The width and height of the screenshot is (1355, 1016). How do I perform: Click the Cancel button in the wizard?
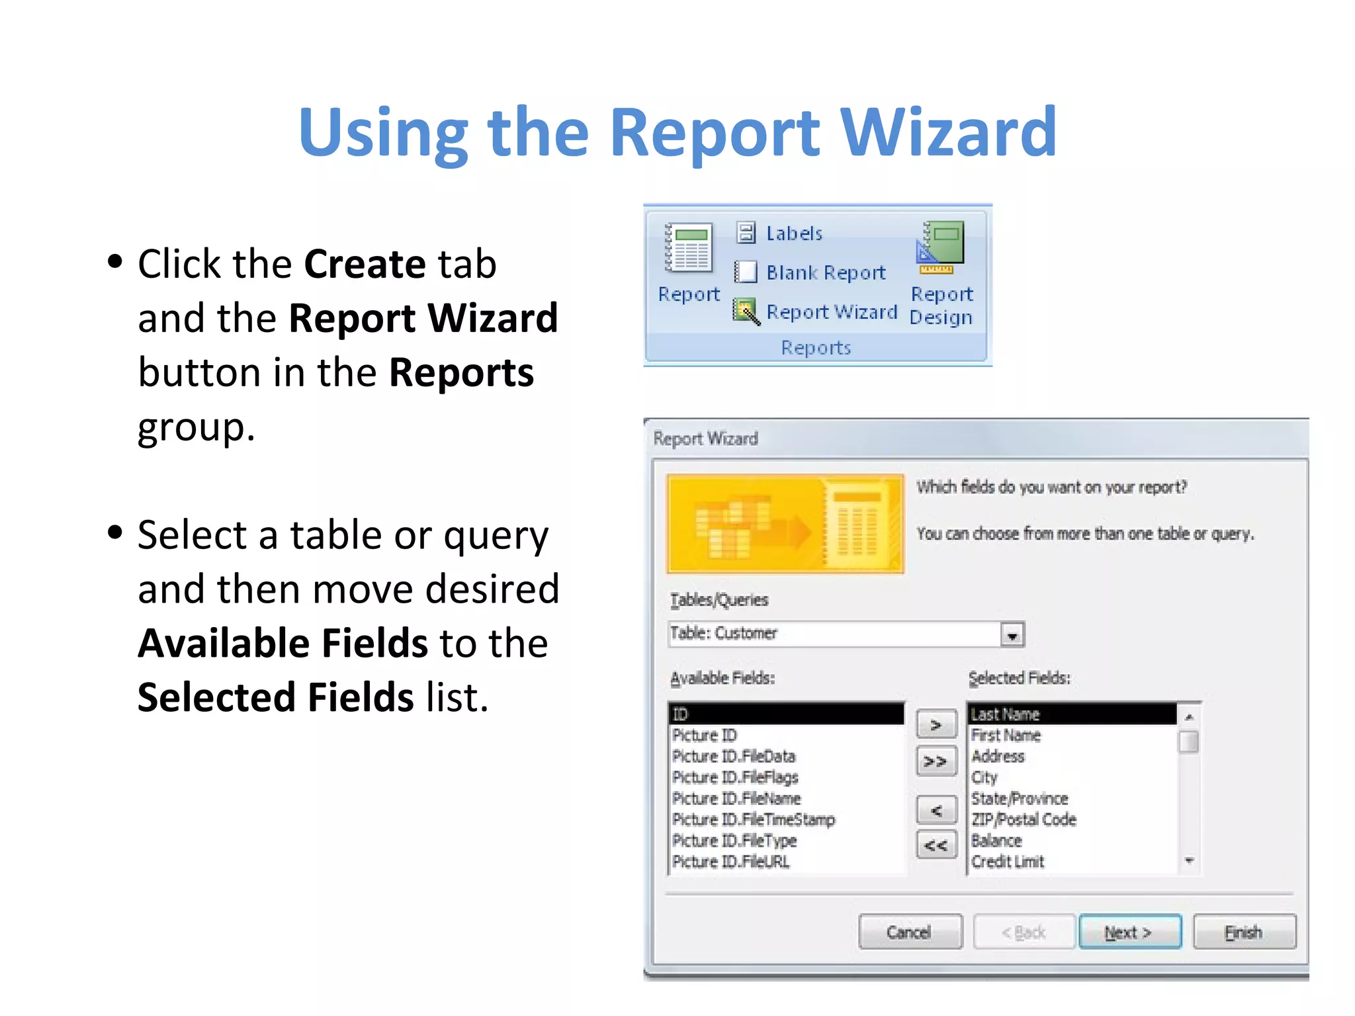tap(910, 932)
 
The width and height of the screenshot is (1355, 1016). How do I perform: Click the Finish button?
tap(1243, 932)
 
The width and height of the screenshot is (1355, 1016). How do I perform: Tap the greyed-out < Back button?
tap(1024, 932)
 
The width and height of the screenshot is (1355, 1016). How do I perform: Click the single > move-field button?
tap(936, 725)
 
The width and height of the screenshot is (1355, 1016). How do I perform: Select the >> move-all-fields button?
tap(936, 761)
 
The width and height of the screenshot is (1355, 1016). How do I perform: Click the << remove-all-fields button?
tap(936, 845)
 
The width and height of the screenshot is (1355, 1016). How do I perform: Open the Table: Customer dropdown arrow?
tap(1012, 635)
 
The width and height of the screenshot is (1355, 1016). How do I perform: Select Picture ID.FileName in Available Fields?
tap(736, 798)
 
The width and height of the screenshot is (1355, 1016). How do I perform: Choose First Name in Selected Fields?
tap(1006, 736)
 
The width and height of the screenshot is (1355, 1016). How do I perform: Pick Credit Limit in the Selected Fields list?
tap(1007, 861)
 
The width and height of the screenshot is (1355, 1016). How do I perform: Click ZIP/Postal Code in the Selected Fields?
tap(1023, 820)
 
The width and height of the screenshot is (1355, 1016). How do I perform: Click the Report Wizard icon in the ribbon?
tap(746, 312)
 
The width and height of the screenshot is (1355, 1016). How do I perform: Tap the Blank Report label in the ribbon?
tap(825, 273)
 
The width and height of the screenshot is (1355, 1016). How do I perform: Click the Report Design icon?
tap(941, 248)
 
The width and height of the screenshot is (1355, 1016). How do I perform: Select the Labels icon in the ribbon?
tap(746, 233)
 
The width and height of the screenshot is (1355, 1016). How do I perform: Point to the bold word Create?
tap(365, 264)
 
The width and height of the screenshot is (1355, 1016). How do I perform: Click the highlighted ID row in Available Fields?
tap(786, 714)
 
